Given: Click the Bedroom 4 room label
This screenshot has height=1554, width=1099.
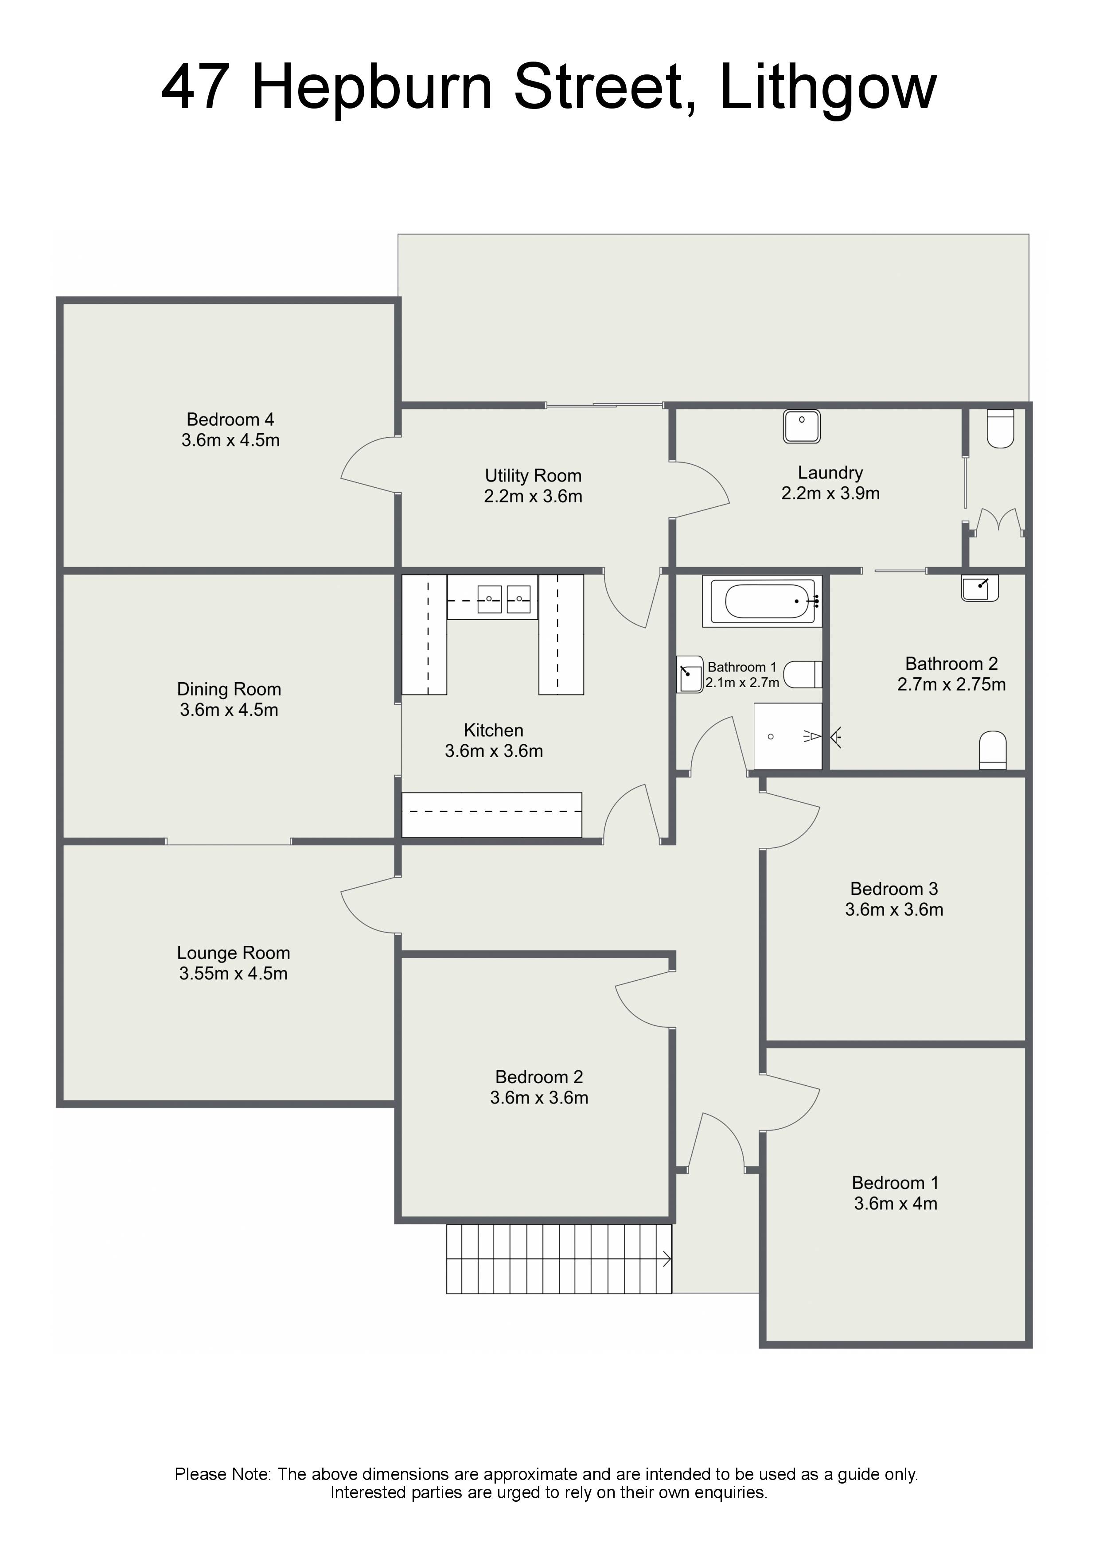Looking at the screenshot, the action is pyautogui.click(x=230, y=420).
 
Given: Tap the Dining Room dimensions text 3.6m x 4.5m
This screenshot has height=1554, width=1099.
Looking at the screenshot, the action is pyautogui.click(x=229, y=710).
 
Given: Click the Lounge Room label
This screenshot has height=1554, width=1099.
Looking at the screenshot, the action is pyautogui.click(x=234, y=953).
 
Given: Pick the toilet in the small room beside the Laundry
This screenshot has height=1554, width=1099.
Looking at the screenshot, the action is pyautogui.click(x=1000, y=428).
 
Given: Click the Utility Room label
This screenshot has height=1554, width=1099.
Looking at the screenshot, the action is pyautogui.click(x=533, y=476).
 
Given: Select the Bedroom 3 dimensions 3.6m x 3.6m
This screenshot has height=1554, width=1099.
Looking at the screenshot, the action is pyautogui.click(x=894, y=909).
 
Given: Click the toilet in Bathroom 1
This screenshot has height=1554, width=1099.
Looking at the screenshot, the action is pyautogui.click(x=803, y=674).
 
